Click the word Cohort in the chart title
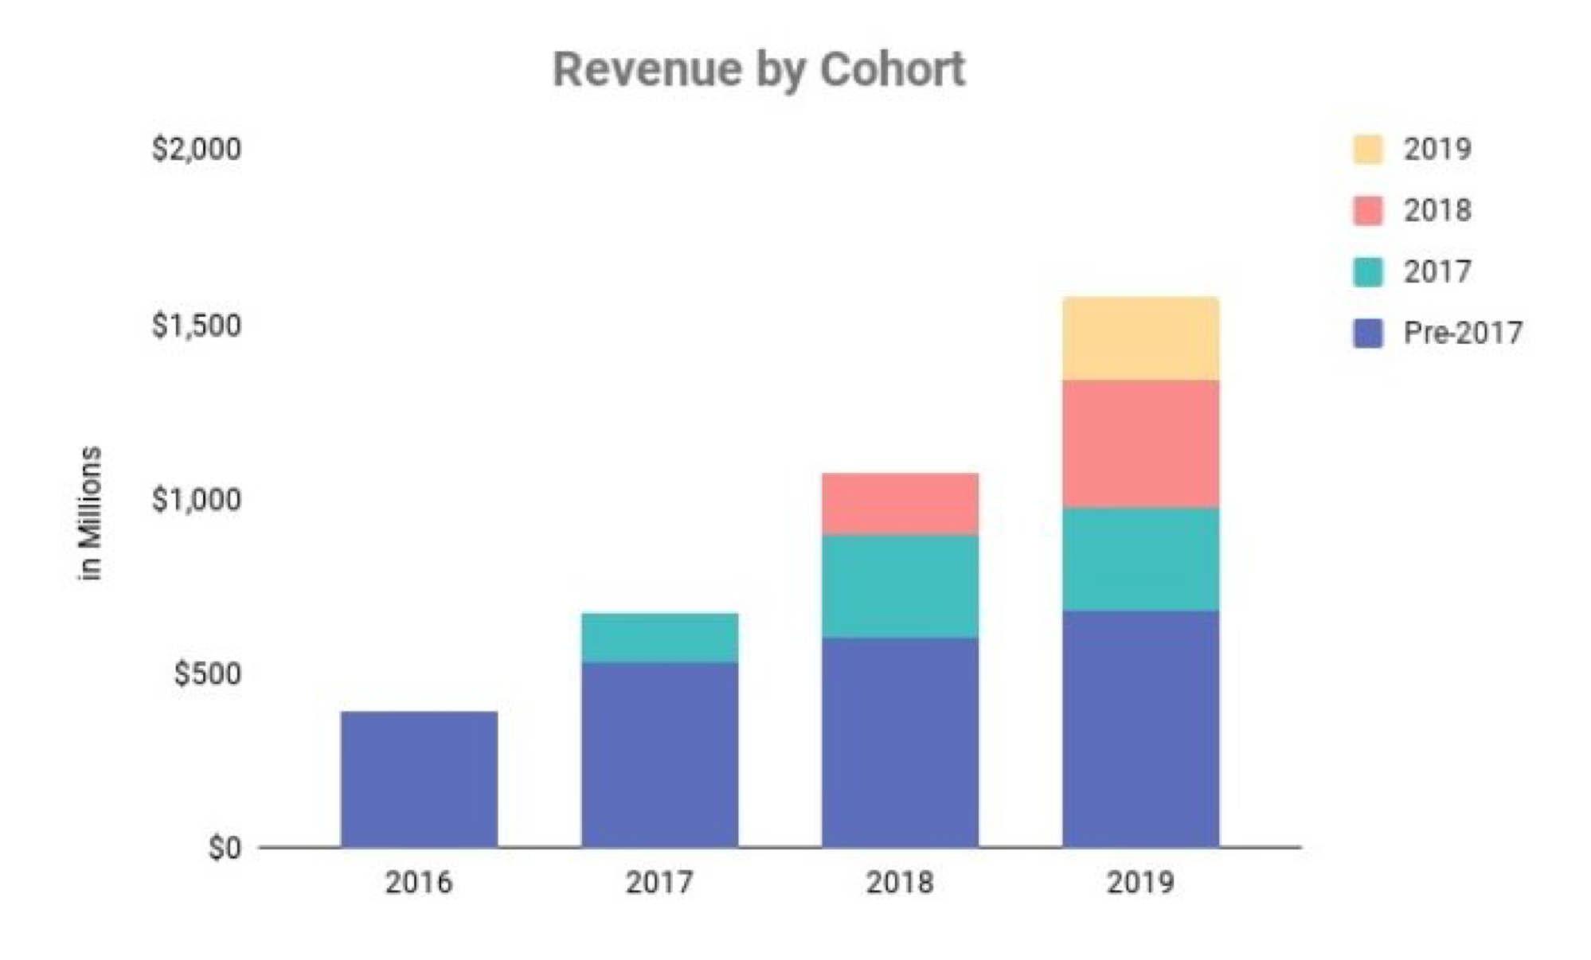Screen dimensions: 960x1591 click(x=892, y=69)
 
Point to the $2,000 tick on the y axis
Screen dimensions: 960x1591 click(x=197, y=149)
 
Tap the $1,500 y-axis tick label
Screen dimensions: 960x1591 click(x=197, y=325)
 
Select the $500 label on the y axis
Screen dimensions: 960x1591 click(x=207, y=673)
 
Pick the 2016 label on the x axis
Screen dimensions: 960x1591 click(x=419, y=882)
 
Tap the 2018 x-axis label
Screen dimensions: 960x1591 click(x=900, y=882)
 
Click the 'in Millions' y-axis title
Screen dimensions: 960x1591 click(x=90, y=513)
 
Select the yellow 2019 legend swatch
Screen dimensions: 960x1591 click(x=1367, y=149)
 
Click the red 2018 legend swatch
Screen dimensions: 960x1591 click(x=1367, y=210)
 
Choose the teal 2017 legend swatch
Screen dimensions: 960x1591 click(x=1367, y=271)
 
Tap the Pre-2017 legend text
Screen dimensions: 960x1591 click(x=1463, y=333)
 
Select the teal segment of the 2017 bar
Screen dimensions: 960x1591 click(x=659, y=638)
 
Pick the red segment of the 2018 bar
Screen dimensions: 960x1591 click(x=900, y=504)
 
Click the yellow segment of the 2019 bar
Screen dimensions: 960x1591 click(x=1140, y=338)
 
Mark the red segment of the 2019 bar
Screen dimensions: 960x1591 click(x=1140, y=444)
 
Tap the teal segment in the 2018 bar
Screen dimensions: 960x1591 click(x=900, y=586)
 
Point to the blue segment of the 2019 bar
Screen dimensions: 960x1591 click(x=1140, y=728)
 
